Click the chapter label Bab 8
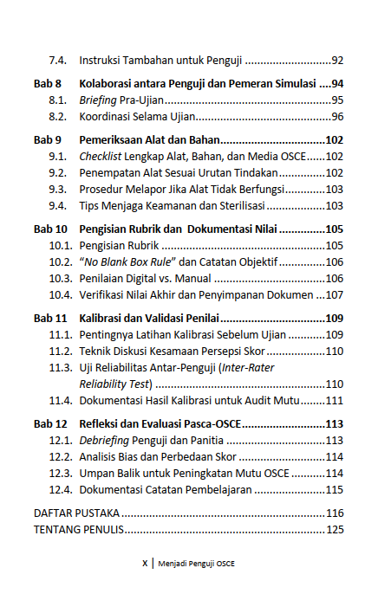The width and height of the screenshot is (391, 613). pos(48,84)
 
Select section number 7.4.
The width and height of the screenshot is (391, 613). pos(58,61)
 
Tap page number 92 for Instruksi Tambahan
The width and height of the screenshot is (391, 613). pos(337,61)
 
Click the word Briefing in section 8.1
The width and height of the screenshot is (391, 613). pos(98,100)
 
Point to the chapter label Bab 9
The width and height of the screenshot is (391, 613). pos(48,139)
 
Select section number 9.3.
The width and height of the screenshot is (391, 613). pos(58,189)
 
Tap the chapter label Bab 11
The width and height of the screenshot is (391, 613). pos(50,318)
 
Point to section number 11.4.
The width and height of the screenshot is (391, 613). pos(60,400)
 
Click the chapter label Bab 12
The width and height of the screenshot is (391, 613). pos(50,423)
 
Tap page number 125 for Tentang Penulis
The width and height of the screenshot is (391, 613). pos(334,529)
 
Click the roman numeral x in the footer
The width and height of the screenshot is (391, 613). pos(144,563)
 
